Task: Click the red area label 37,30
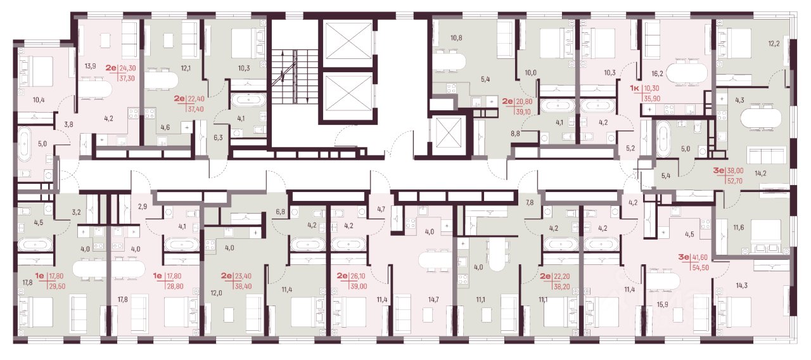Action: pyautogui.click(x=127, y=78)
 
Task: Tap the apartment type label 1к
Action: pyautogui.click(x=634, y=88)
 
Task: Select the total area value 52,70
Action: pyautogui.click(x=735, y=181)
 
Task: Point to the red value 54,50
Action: pyautogui.click(x=701, y=267)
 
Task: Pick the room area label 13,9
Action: pyautogui.click(x=91, y=66)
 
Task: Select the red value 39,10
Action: pyautogui.click(x=523, y=112)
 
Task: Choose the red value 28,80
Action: pyautogui.click(x=176, y=286)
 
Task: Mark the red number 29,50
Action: pyautogui.click(x=57, y=286)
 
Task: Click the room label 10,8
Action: pyautogui.click(x=456, y=37)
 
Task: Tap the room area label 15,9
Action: pyautogui.click(x=662, y=304)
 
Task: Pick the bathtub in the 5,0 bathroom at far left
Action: pyautogui.click(x=25, y=144)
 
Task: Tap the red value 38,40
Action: pyautogui.click(x=243, y=286)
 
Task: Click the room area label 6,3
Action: pyautogui.click(x=218, y=138)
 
